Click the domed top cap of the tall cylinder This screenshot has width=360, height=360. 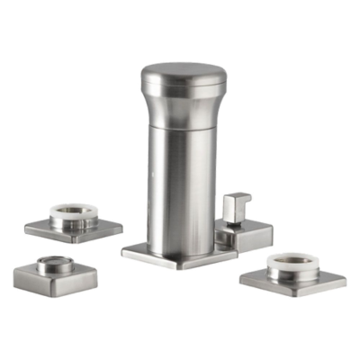(x=185, y=75)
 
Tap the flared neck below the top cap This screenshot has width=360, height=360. (x=185, y=106)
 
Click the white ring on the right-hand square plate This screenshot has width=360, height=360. (x=293, y=260)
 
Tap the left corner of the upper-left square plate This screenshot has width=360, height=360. (x=26, y=226)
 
